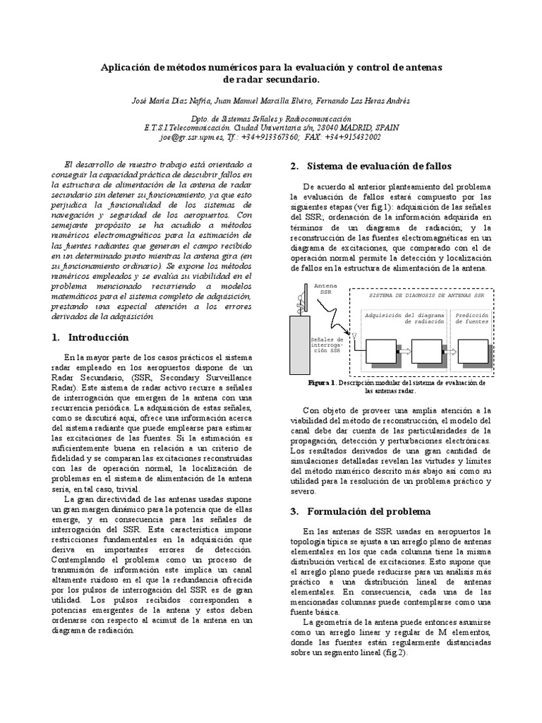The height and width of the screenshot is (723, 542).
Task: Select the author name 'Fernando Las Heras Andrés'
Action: pyautogui.click(x=362, y=100)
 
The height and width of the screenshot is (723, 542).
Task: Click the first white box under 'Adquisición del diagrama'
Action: pyautogui.click(x=382, y=349)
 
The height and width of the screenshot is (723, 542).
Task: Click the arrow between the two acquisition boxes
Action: pyautogui.click(x=404, y=349)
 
